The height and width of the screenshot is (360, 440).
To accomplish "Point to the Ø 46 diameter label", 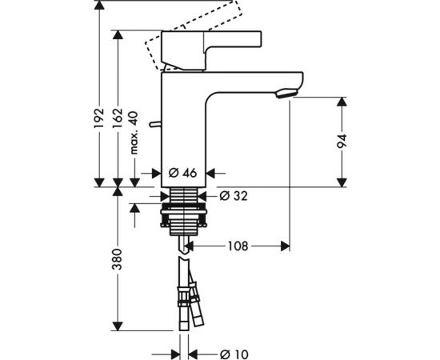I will (x=183, y=171).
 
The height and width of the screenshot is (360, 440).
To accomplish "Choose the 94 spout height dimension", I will (x=342, y=141).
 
